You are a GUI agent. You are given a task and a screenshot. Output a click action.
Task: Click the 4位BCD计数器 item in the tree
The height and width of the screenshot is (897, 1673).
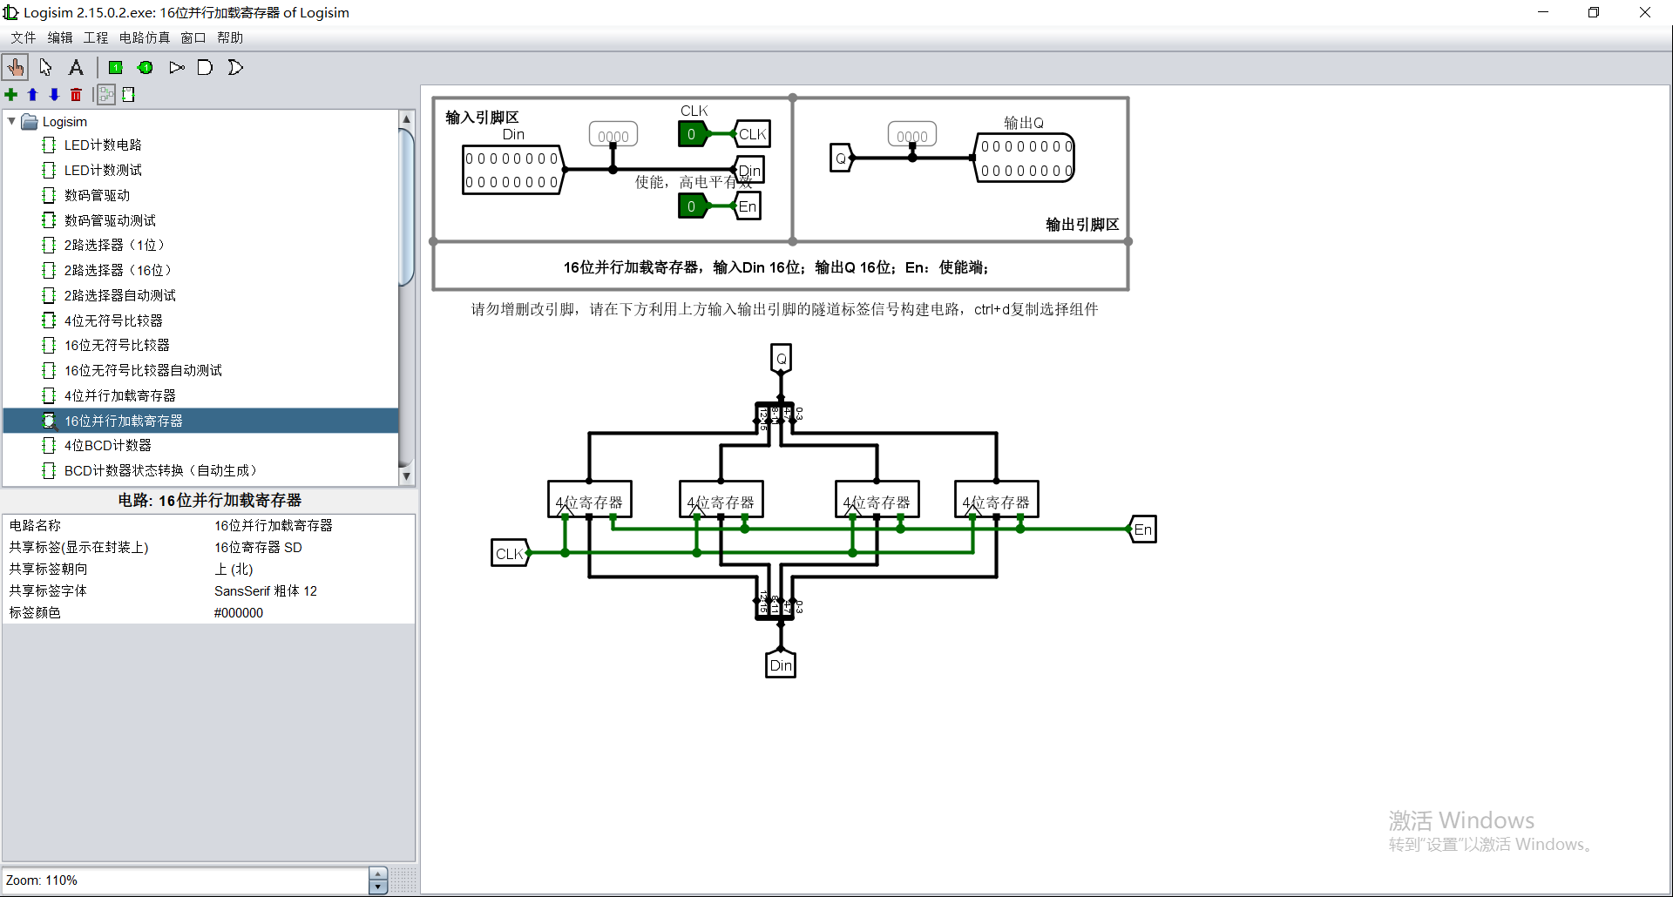point(107,445)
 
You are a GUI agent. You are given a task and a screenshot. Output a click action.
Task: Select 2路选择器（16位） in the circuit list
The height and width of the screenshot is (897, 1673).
point(117,270)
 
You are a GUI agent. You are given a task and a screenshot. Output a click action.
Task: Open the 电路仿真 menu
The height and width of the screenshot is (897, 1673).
point(144,37)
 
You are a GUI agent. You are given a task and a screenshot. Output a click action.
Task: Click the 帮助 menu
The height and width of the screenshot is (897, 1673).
point(230,37)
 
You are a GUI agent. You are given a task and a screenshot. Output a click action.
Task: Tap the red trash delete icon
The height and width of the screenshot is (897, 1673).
point(76,95)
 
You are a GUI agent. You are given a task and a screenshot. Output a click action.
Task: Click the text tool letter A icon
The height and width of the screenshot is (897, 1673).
point(76,67)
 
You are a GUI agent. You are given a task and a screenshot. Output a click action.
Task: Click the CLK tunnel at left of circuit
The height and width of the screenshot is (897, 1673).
point(509,554)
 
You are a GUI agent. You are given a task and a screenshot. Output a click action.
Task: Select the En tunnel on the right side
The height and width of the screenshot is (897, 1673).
point(1142,529)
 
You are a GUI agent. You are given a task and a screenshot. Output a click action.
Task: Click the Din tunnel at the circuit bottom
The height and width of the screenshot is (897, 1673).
point(781,665)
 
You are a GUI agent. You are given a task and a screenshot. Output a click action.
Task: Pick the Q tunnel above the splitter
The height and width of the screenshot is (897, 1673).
point(781,358)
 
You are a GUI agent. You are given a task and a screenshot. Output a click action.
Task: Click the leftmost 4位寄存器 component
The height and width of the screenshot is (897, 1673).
point(589,500)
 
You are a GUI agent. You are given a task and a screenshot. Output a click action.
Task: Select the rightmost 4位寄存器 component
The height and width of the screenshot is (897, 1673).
point(996,500)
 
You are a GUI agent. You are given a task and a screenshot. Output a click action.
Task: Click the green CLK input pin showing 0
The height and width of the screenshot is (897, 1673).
point(692,134)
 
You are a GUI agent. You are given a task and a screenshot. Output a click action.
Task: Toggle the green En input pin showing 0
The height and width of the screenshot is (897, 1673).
point(692,206)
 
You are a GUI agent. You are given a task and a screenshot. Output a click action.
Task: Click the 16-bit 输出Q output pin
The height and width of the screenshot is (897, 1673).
point(1025,158)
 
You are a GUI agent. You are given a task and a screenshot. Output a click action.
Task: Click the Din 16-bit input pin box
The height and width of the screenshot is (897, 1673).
point(511,170)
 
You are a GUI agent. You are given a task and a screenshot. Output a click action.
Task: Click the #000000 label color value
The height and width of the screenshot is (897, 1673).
point(239,613)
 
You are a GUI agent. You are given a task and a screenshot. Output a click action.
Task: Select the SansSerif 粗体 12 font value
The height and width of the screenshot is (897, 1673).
point(266,591)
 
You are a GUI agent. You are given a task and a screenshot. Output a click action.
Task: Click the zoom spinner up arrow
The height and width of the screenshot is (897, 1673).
point(377,873)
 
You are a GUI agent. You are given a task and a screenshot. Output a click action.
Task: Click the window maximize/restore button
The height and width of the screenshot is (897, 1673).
point(1594,12)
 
